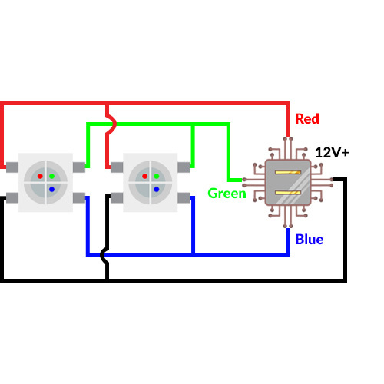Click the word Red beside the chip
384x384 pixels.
[x=306, y=119]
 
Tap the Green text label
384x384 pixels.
[x=227, y=194]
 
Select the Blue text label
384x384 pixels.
[x=310, y=240]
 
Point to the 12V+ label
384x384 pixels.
[x=332, y=153]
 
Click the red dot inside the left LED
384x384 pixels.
[x=40, y=176]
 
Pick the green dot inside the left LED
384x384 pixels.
[x=51, y=176]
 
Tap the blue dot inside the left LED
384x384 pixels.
[x=51, y=188]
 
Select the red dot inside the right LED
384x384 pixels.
[x=144, y=176]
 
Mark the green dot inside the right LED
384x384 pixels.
[x=156, y=176]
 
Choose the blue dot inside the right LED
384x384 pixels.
[x=156, y=188]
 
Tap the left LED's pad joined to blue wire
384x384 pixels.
[x=79, y=198]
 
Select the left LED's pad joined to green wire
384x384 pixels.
[x=79, y=167]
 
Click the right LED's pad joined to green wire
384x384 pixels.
[x=183, y=167]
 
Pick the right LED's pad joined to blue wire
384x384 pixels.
[x=183, y=198]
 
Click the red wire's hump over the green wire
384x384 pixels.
[x=112, y=123]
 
